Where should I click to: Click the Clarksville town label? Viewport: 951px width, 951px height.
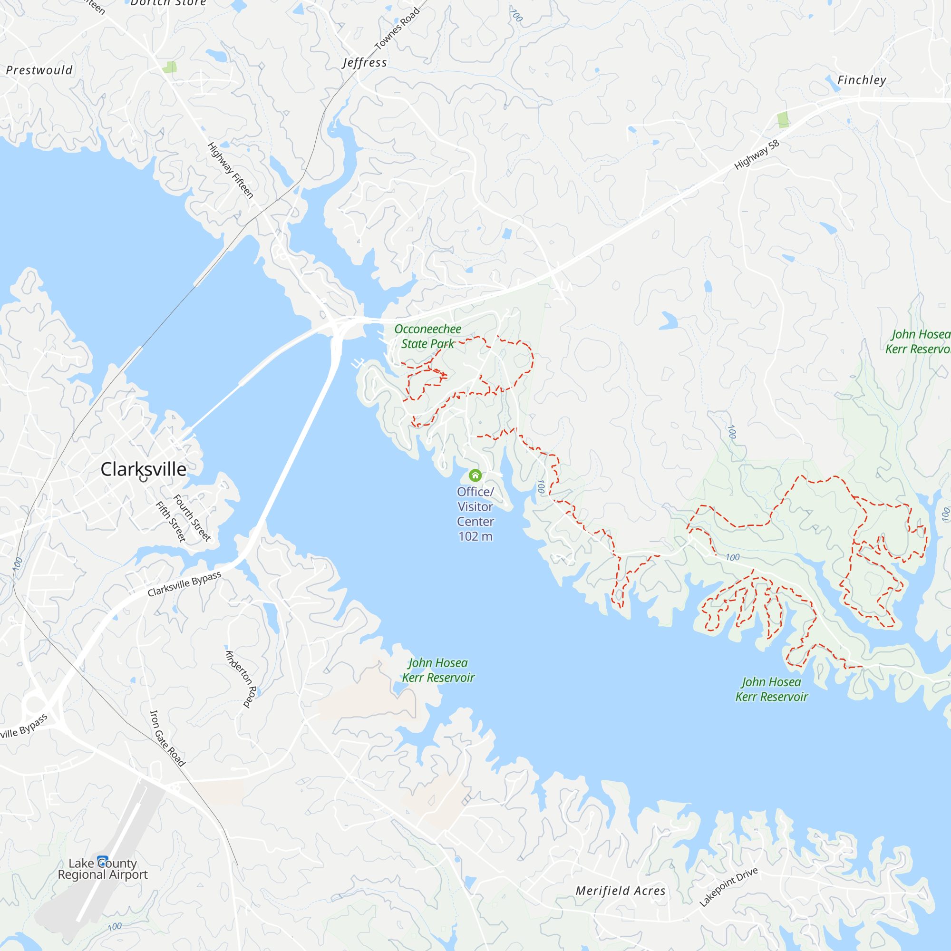point(143,469)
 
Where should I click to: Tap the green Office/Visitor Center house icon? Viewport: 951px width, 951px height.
point(475,475)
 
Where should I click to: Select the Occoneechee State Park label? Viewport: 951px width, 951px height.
point(428,336)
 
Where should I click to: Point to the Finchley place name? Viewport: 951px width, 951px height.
point(862,80)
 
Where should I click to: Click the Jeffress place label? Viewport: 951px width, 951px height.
point(365,62)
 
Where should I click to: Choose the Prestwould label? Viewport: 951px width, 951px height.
point(39,70)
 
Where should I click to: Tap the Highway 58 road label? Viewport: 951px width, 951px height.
point(757,155)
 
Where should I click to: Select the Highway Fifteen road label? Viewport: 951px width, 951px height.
point(230,170)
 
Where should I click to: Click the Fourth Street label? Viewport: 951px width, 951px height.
point(192,518)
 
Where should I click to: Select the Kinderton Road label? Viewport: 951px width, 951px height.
point(241,679)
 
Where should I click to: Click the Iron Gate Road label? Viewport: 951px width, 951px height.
point(167,738)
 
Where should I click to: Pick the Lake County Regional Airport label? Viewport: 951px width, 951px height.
point(102,869)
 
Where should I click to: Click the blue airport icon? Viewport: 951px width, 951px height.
point(102,862)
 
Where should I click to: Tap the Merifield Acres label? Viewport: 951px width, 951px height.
point(620,891)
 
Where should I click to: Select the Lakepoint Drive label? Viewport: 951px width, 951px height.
point(728,887)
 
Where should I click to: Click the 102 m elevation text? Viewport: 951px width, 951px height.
point(475,536)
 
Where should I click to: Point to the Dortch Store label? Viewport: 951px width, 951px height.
point(168,3)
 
